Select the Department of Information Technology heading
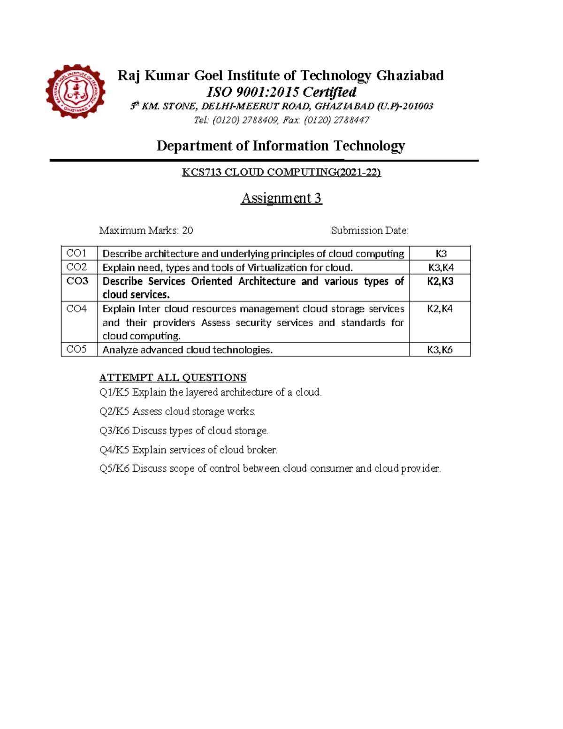click(x=281, y=146)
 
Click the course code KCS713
click(x=202, y=173)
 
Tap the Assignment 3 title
click(x=281, y=199)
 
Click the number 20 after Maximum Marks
click(x=187, y=230)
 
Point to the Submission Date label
click(x=369, y=230)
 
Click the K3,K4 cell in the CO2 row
click(x=440, y=268)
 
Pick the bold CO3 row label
click(x=77, y=281)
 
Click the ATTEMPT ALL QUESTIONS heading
click(x=173, y=378)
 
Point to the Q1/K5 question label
click(x=114, y=392)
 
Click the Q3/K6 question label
click(x=114, y=431)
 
